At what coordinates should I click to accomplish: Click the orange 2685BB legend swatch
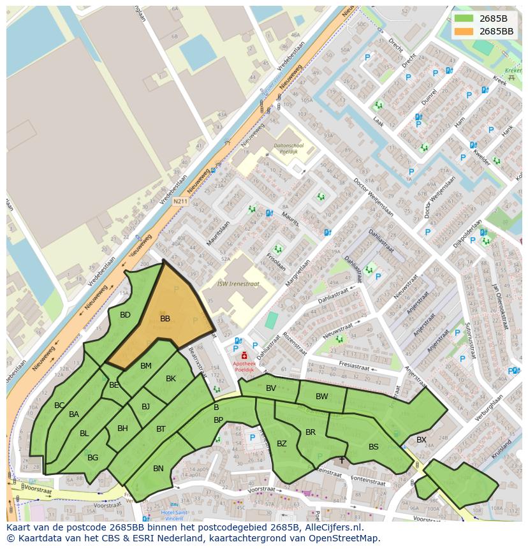point(464,31)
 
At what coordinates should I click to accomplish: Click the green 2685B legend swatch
point(464,18)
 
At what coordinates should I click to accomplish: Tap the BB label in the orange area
point(165,319)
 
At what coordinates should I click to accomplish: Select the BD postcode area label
point(125,315)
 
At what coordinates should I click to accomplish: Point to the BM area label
point(146,366)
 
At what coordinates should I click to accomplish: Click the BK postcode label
point(171,379)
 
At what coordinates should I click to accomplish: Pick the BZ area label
point(282,444)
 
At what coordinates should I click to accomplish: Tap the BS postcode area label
point(374,447)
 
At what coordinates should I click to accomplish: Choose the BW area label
point(322,397)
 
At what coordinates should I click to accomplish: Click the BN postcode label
point(158,469)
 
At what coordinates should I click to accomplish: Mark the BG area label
point(93,458)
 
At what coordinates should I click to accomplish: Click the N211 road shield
point(180,201)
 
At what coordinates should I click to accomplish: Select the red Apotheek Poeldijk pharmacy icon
point(244,355)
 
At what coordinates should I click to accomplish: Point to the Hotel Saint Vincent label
point(173,515)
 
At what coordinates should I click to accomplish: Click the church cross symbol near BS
point(342,459)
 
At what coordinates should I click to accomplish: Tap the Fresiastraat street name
point(355,367)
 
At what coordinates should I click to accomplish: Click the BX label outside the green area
point(422,440)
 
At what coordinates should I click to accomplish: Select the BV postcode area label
point(271,388)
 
